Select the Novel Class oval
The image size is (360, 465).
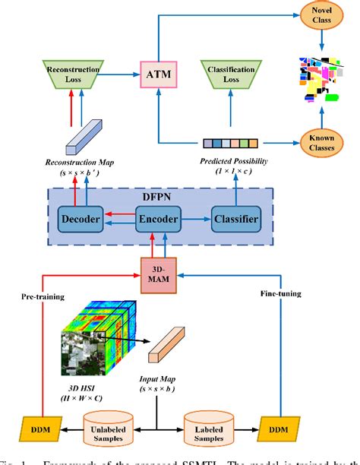click(x=316, y=14)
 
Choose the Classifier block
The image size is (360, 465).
click(x=236, y=220)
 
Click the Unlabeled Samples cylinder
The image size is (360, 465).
click(x=109, y=421)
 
